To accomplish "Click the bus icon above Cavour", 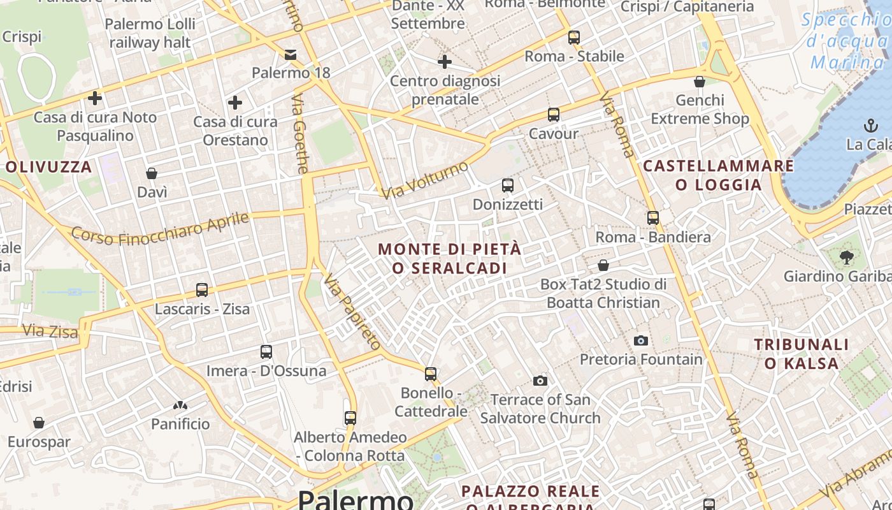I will point(553,115).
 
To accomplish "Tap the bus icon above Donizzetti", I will point(507,186).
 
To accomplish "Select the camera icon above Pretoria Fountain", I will point(641,340).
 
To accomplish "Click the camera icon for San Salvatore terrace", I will point(540,381).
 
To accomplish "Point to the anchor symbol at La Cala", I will point(870,125).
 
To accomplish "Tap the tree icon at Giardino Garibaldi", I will point(847,258).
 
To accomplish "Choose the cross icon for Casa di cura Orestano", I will point(235,102).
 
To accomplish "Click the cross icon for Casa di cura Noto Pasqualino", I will point(95,98).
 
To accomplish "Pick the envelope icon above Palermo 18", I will point(291,54).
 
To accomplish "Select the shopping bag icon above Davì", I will point(152,173).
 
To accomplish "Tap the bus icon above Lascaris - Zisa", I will point(202,290).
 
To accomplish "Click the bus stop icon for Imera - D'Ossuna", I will point(266,352).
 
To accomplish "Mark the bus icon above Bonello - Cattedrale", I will point(431,374).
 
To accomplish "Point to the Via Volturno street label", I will point(426,179).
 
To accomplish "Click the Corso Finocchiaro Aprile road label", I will point(160,228).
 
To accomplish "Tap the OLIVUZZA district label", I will point(49,167).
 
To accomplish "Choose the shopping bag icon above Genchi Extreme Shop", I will point(700,82).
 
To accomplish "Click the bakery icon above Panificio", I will point(180,405).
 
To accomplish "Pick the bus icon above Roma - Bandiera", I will point(652,218).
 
